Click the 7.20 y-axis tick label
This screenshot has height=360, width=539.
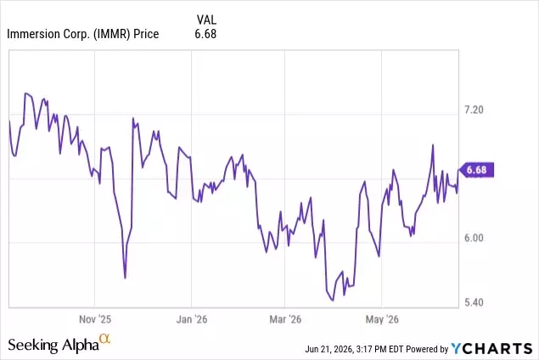tap(474, 110)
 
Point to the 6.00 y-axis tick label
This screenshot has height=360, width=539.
tap(474, 238)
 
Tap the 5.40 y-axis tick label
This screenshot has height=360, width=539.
tap(474, 302)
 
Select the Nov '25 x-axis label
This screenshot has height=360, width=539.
tap(95, 319)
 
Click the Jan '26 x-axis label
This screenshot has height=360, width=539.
tap(192, 319)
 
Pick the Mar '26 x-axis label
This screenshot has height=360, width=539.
tap(285, 319)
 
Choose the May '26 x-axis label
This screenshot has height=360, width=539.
tap(382, 319)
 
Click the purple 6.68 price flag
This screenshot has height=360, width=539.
tap(476, 170)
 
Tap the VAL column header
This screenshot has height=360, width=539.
tap(206, 20)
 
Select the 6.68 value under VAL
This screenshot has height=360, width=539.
tap(205, 34)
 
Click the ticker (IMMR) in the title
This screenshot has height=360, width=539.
tap(112, 34)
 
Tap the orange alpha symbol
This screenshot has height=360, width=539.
tap(105, 339)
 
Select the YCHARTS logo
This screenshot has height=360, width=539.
tap(492, 349)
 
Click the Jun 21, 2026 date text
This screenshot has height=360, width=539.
tap(329, 349)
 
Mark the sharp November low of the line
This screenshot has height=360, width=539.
tap(125, 278)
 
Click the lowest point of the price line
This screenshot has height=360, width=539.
tap(333, 301)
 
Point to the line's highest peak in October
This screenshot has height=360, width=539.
tap(25, 93)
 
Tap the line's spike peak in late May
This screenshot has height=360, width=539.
tap(433, 145)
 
